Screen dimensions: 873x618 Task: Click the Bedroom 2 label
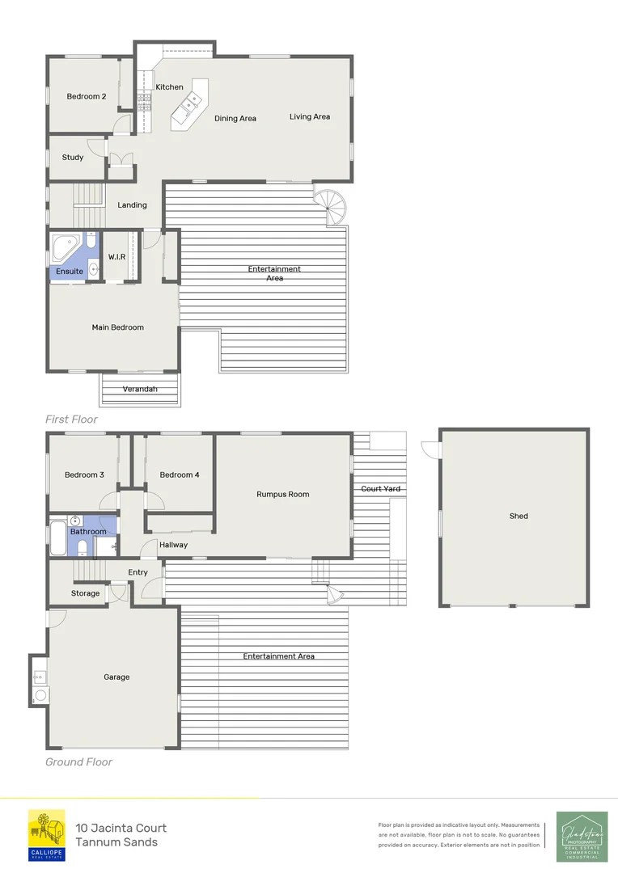87,97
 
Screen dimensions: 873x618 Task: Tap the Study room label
73,158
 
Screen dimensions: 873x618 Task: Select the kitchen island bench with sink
190,104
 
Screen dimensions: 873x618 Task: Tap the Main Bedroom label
117,327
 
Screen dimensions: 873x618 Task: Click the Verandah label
140,390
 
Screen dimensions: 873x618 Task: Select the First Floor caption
72,420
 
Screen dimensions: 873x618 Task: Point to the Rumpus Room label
282,495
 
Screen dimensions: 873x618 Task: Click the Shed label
519,516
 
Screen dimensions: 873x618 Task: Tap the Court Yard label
381,489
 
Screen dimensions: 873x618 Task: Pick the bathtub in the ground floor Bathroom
58,539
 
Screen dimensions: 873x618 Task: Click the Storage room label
85,593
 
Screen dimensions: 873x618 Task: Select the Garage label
116,677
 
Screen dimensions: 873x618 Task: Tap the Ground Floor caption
78,762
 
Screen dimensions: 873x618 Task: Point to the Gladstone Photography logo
582,836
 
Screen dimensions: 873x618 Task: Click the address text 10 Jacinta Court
121,828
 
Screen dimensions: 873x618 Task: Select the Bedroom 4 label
180,475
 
